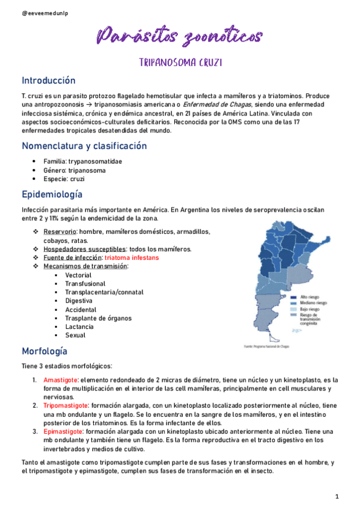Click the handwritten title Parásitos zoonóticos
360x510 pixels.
(179, 35)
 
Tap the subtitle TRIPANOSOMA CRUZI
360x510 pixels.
(179, 61)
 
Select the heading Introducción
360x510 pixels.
(49, 81)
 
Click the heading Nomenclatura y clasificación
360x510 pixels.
(84, 146)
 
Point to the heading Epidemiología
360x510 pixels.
(52, 194)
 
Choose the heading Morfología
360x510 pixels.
(44, 351)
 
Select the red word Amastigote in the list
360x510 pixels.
(60, 380)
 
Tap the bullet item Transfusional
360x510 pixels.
(85, 283)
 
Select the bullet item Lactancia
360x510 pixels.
(79, 327)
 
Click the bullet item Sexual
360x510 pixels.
(75, 335)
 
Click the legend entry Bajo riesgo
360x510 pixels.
(308, 309)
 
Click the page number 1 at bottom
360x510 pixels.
(338, 496)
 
